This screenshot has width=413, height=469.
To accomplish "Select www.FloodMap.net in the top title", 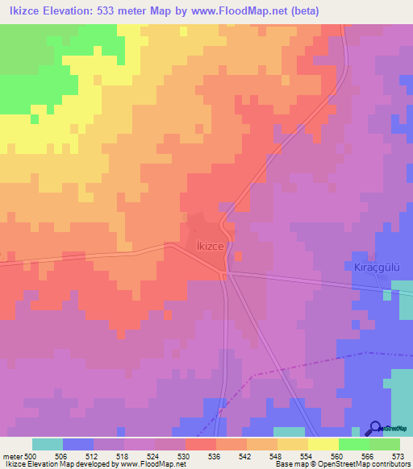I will coord(233,11).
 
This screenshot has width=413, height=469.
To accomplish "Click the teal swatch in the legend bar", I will coord(48,444).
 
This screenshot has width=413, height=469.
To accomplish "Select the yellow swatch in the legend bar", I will coord(323,444).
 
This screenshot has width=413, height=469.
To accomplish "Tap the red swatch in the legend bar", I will coord(200,444).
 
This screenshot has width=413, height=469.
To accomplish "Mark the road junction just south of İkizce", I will coord(227,273).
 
